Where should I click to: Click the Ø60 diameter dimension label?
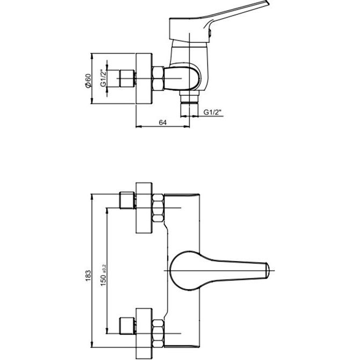tap(88, 81)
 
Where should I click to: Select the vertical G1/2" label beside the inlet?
tap(104, 78)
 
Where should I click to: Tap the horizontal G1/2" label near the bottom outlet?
tap(212, 112)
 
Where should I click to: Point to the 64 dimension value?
tap(163, 123)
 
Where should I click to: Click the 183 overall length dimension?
tap(88, 276)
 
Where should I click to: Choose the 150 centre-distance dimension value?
tap(103, 279)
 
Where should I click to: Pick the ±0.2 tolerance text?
tap(104, 269)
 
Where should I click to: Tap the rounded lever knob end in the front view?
tap(267, 270)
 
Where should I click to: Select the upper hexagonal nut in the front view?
tap(158, 208)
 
